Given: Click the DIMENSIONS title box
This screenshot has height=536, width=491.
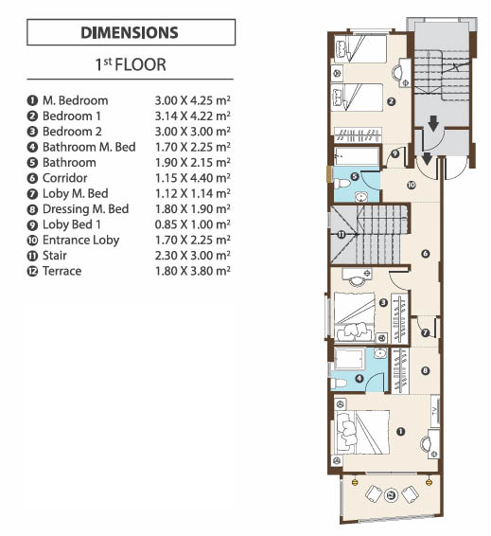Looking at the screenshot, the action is tap(132, 32).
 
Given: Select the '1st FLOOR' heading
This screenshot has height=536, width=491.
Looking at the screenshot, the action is tap(131, 64).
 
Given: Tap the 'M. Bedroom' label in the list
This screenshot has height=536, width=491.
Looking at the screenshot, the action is tap(75, 100).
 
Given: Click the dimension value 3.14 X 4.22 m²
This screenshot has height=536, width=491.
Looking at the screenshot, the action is tap(193, 116).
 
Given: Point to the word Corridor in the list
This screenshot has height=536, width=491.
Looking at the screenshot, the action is tap(65, 178).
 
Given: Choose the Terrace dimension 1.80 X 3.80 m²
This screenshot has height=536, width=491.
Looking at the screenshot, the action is tap(193, 271).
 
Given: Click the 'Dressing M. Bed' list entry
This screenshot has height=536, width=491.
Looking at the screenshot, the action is tap(86, 209).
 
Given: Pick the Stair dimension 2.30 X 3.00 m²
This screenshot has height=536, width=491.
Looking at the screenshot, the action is tap(193, 256).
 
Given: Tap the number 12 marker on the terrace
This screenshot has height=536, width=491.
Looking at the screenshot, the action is tap(392, 494).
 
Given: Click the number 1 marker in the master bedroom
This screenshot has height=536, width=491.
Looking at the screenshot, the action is tap(400, 432).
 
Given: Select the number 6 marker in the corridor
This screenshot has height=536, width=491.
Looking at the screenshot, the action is tap(425, 254).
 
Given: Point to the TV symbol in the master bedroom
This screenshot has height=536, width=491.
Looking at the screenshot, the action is tap(435, 411).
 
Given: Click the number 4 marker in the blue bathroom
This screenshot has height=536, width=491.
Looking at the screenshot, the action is tap(359, 379).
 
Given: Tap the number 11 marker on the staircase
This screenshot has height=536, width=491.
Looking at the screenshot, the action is tap(342, 235).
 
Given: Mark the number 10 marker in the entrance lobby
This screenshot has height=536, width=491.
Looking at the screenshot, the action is tap(412, 185).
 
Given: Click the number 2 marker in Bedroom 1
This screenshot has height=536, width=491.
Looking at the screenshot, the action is tap(392, 101).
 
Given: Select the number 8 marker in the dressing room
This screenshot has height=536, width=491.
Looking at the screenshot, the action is tap(425, 370).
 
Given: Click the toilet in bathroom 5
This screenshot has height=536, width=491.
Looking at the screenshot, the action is tap(342, 185).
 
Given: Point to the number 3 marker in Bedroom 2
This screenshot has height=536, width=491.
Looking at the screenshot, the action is tap(383, 302).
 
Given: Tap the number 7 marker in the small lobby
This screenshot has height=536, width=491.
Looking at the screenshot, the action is tap(425, 332).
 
